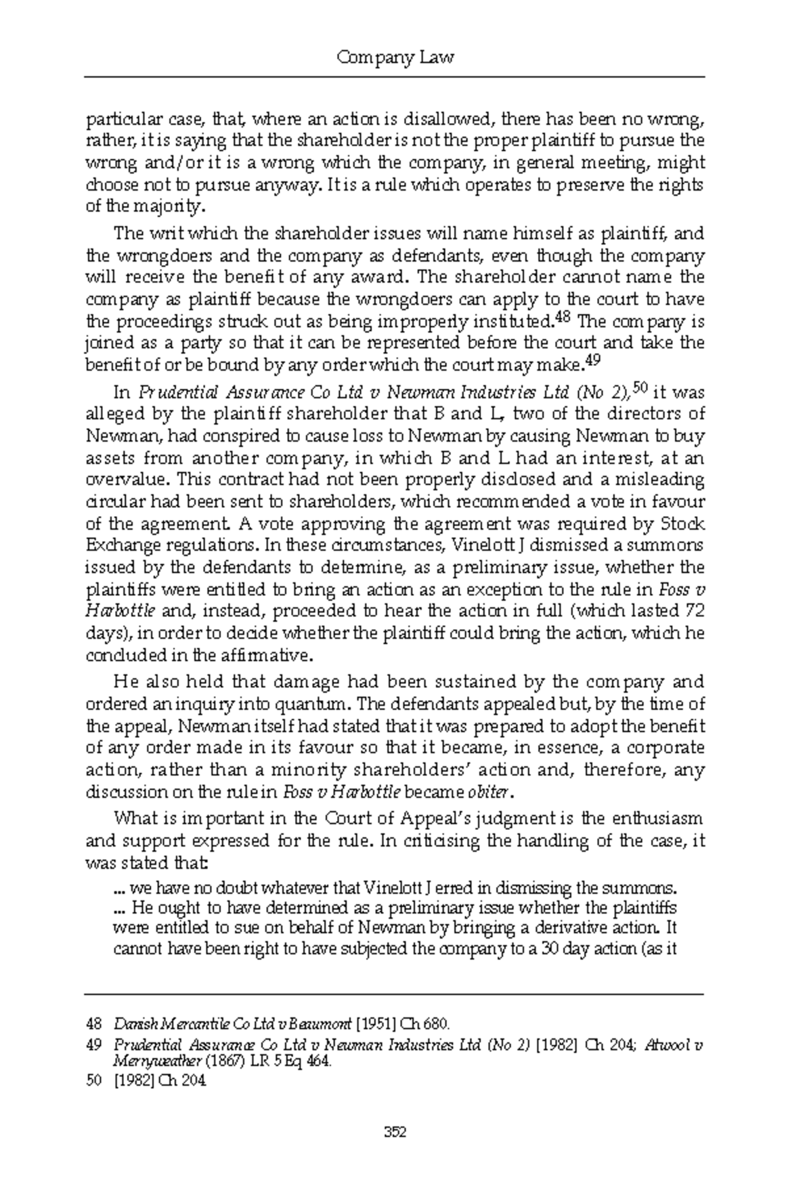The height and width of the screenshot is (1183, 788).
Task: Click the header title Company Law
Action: click(x=395, y=58)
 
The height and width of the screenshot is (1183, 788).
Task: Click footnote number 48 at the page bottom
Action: click(x=94, y=1023)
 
